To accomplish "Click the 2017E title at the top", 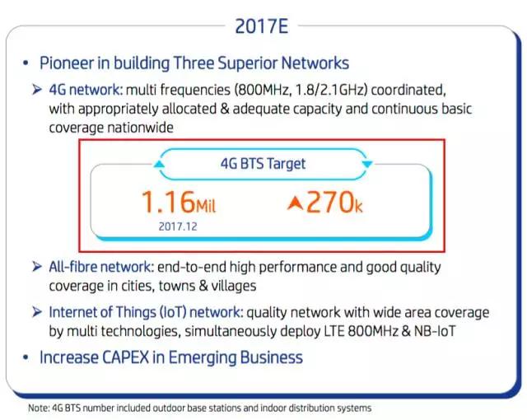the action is click(262, 26).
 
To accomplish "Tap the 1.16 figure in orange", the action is click(168, 202).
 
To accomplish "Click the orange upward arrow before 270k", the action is click(295, 203).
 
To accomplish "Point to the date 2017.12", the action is click(178, 226).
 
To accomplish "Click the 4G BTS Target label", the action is click(263, 164).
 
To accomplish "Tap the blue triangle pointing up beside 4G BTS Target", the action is click(159, 164).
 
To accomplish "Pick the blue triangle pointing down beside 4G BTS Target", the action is click(367, 164).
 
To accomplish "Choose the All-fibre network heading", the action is click(100, 267).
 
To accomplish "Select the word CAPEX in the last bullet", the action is click(125, 357).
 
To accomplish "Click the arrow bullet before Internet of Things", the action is click(36, 312).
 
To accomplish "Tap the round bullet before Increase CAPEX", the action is click(26, 358).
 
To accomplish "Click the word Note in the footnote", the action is click(38, 408).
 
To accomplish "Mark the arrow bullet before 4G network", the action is click(36, 90).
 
